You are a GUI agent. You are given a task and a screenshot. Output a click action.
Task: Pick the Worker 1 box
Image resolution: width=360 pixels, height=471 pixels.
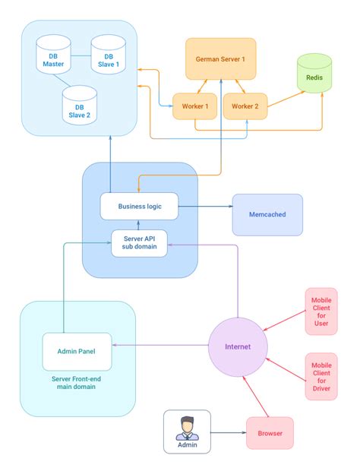(195, 106)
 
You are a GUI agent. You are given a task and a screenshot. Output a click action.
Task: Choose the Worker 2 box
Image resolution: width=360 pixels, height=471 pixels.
(246, 106)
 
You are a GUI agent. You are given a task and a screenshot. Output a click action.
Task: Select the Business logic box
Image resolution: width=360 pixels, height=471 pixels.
(139, 206)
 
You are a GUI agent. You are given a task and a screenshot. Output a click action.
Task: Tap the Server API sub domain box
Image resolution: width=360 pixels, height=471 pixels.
(139, 243)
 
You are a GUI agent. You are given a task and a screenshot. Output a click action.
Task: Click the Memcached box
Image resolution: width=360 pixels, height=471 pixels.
(267, 214)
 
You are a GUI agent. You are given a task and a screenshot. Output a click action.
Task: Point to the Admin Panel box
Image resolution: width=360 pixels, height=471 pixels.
(77, 351)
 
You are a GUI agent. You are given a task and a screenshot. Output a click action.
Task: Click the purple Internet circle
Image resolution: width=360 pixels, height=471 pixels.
(237, 347)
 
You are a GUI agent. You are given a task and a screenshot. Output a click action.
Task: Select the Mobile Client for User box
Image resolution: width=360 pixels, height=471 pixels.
(321, 311)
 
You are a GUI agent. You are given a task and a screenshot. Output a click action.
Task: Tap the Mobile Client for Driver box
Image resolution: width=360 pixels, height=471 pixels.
(321, 376)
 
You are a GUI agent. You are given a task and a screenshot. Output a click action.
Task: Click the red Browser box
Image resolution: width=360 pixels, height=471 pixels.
(270, 433)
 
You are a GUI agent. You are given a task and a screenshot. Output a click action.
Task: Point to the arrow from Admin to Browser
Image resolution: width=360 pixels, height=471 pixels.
(227, 433)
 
